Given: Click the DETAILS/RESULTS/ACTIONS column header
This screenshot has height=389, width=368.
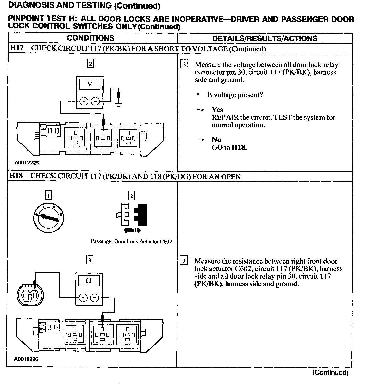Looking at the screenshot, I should pyautogui.click(x=265, y=38).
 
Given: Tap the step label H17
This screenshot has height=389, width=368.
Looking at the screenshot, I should pyautogui.click(x=16, y=48).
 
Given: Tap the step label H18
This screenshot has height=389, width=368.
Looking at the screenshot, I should pyautogui.click(x=16, y=176).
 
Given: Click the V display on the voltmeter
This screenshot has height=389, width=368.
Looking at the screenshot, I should pyautogui.click(x=89, y=84).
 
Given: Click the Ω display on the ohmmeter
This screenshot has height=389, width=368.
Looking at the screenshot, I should pyautogui.click(x=89, y=281).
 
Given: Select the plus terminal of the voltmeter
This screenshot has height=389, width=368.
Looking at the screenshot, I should pyautogui.click(x=84, y=101).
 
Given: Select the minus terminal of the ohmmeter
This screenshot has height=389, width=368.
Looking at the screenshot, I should pyautogui.click(x=94, y=298).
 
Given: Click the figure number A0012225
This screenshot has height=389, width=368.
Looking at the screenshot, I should pyautogui.click(x=27, y=163).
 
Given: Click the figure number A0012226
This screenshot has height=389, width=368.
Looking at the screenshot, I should pyautogui.click(x=26, y=359).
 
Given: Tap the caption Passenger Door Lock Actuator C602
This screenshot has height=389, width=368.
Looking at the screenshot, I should pyautogui.click(x=131, y=242).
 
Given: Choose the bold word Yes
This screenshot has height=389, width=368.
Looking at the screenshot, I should pyautogui.click(x=217, y=110).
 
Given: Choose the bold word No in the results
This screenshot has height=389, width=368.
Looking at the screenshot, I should pyautogui.click(x=216, y=140).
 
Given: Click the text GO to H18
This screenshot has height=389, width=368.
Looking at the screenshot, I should pyautogui.click(x=229, y=147).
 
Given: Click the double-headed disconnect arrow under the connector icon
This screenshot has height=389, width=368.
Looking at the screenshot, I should pyautogui.click(x=132, y=230).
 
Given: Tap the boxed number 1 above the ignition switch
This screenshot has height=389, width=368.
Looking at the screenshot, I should pyautogui.click(x=49, y=195).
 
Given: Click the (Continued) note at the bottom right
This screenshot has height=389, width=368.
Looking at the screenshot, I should pyautogui.click(x=330, y=373).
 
